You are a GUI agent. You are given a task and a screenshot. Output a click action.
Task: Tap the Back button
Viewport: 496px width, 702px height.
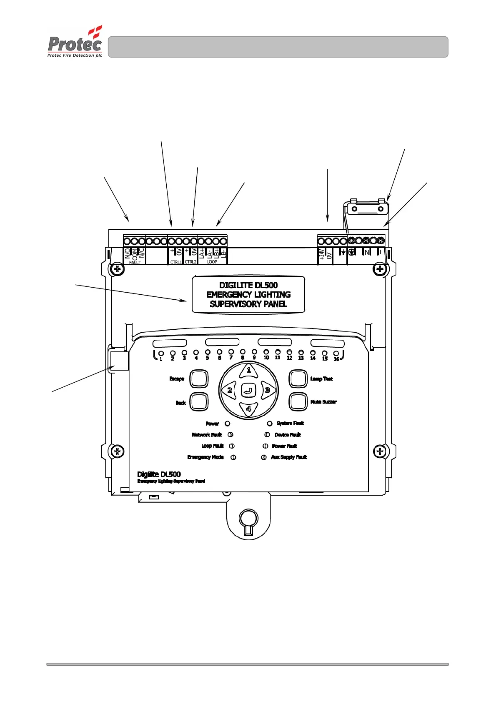[x=199, y=402]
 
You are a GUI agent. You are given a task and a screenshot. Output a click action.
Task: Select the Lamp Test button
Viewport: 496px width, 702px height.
[x=298, y=379]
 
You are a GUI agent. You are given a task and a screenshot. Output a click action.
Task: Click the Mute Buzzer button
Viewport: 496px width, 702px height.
[x=298, y=401]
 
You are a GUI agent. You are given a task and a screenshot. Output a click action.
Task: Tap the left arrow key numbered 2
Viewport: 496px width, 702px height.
[x=230, y=391]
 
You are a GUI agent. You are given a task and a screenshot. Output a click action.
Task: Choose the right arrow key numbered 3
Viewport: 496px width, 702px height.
[x=267, y=391]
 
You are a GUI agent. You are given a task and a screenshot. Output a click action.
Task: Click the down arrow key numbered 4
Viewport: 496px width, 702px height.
[x=248, y=409]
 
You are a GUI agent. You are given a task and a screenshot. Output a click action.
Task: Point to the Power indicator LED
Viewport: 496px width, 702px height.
[x=228, y=424]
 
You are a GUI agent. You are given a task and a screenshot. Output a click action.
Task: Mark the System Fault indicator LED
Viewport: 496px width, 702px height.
[x=270, y=424]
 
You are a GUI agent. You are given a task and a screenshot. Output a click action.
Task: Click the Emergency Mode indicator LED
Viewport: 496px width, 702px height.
[x=233, y=457]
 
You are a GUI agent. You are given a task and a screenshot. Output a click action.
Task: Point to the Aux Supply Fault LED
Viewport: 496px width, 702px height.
[x=264, y=457]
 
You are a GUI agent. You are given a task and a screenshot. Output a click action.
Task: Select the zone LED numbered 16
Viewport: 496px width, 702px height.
[x=336, y=354]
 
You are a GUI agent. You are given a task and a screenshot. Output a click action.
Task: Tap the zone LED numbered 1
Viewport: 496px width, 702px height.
[x=161, y=354]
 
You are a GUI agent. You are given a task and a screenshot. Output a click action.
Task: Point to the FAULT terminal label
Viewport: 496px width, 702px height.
[x=135, y=262]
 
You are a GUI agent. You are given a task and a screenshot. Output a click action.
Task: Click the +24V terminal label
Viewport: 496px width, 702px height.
[x=322, y=254]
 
